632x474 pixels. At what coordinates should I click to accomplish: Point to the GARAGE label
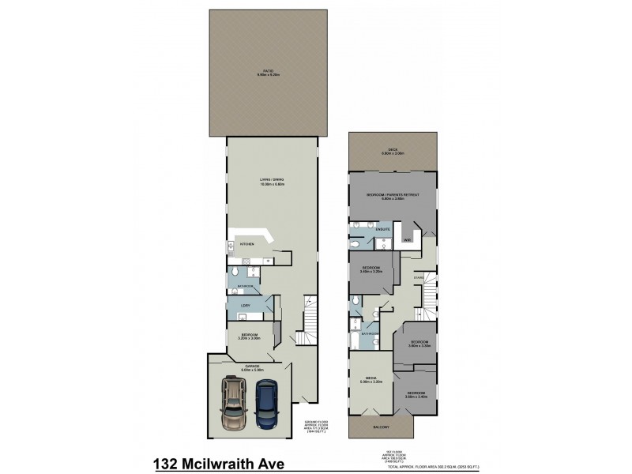[253, 366]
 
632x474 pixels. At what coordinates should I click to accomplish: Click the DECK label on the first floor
[393, 152]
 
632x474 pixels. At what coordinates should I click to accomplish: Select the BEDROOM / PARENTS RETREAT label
[392, 195]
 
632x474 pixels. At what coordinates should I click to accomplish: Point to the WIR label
[408, 238]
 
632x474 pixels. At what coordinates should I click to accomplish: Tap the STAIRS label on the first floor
[419, 278]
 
